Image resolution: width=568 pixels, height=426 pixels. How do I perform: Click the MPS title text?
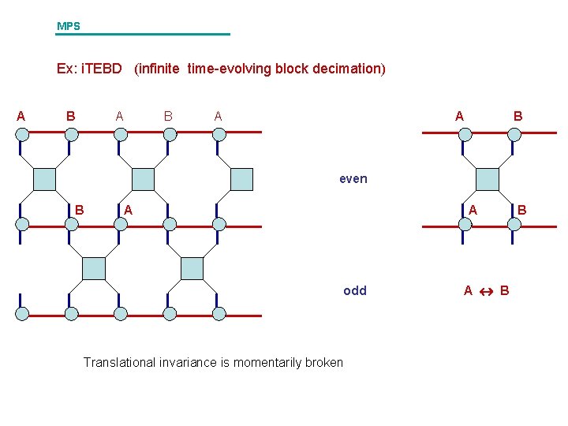click(68, 26)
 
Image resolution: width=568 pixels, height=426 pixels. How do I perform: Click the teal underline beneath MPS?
click(143, 34)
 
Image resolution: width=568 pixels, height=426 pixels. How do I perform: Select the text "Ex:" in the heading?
click(67, 69)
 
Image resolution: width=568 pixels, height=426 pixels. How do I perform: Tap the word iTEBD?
click(103, 69)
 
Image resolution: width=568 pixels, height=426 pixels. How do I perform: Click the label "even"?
click(353, 179)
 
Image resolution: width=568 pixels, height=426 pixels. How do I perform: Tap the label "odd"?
click(355, 290)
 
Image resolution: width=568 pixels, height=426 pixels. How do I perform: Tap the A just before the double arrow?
click(468, 290)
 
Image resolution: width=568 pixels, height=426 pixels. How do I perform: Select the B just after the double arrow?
click(505, 290)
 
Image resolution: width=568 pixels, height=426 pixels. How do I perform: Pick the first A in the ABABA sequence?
click(21, 116)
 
